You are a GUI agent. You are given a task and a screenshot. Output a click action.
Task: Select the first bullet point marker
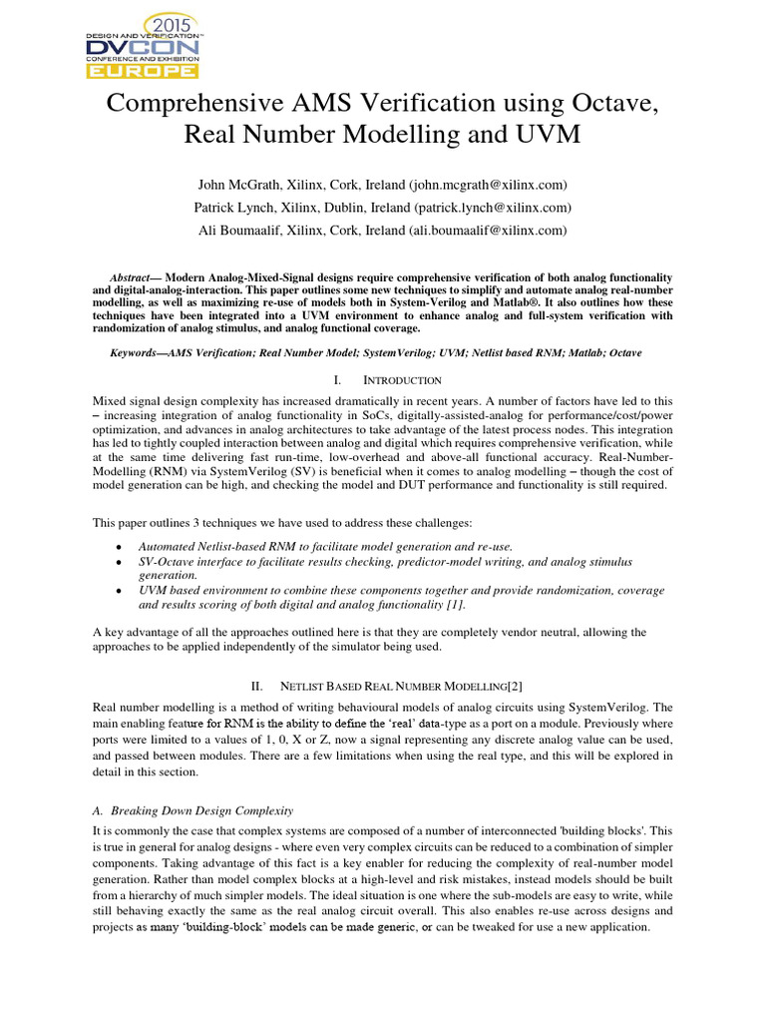tap(120, 548)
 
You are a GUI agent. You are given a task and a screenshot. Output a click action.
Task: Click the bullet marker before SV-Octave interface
tap(120, 563)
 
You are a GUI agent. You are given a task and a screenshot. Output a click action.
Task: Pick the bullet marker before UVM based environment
tap(120, 591)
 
